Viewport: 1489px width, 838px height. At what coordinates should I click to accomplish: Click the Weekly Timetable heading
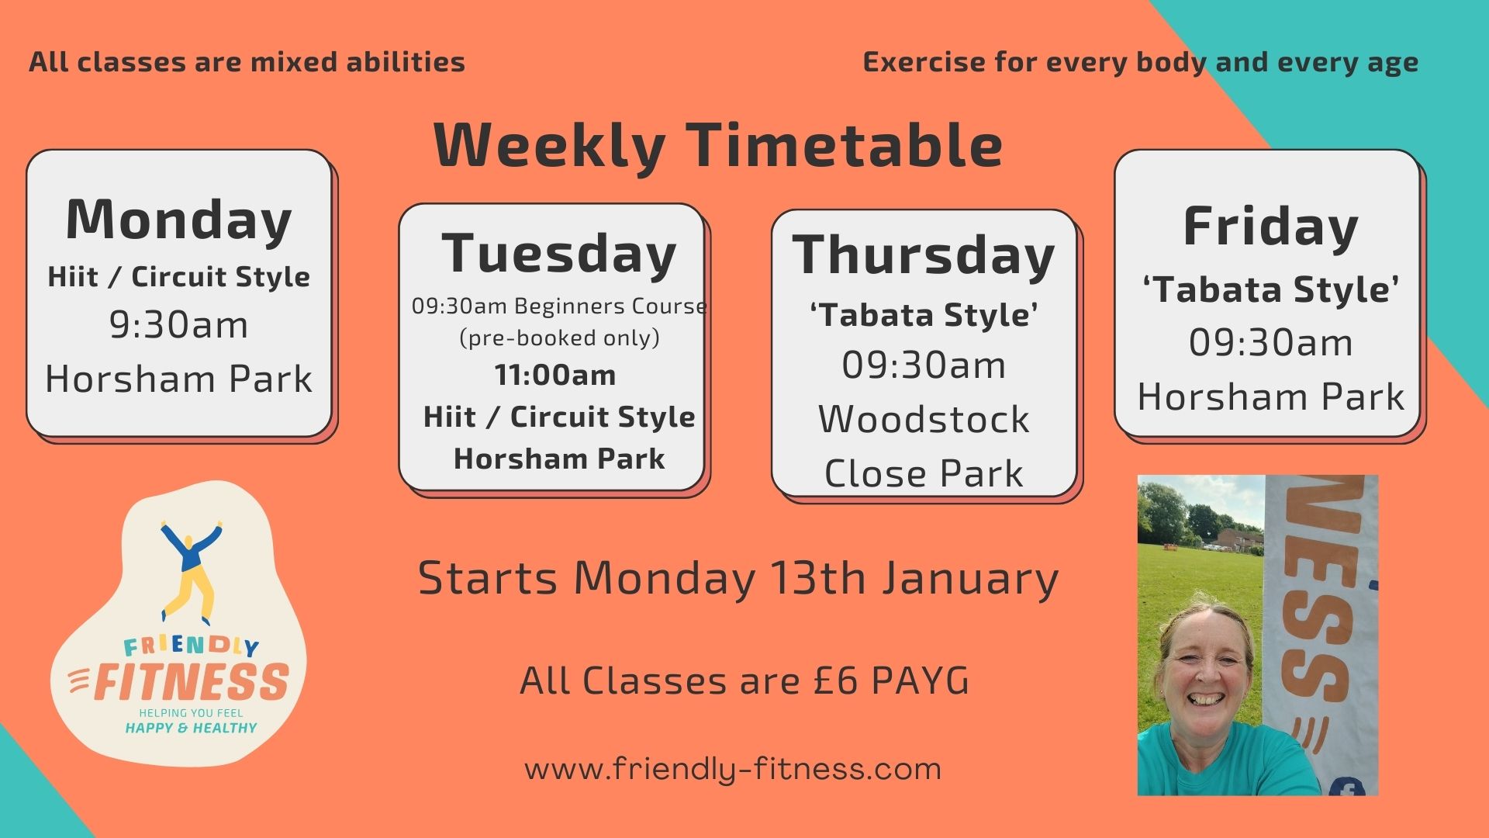click(x=717, y=145)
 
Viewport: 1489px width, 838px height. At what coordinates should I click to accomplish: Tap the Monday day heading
click(x=179, y=220)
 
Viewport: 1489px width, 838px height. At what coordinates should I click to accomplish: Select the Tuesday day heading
click(x=559, y=253)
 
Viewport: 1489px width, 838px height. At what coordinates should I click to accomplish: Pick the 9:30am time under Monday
click(x=178, y=324)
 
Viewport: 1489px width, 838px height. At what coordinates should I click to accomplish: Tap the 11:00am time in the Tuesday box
click(x=555, y=376)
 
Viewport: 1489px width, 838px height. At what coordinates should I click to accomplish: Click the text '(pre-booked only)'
click(x=559, y=338)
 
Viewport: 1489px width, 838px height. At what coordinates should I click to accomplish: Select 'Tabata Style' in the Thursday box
click(x=924, y=315)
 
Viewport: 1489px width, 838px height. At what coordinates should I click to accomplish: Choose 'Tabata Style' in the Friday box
click(x=1270, y=289)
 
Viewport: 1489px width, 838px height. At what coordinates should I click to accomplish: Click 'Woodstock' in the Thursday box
click(x=924, y=419)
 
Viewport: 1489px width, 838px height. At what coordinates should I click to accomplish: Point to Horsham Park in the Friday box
click(x=1270, y=396)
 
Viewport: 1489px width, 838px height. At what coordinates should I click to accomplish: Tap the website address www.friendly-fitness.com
click(x=733, y=769)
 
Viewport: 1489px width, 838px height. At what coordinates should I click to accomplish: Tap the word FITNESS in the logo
click(x=191, y=682)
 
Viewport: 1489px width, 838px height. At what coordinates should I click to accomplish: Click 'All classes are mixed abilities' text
click(x=247, y=62)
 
